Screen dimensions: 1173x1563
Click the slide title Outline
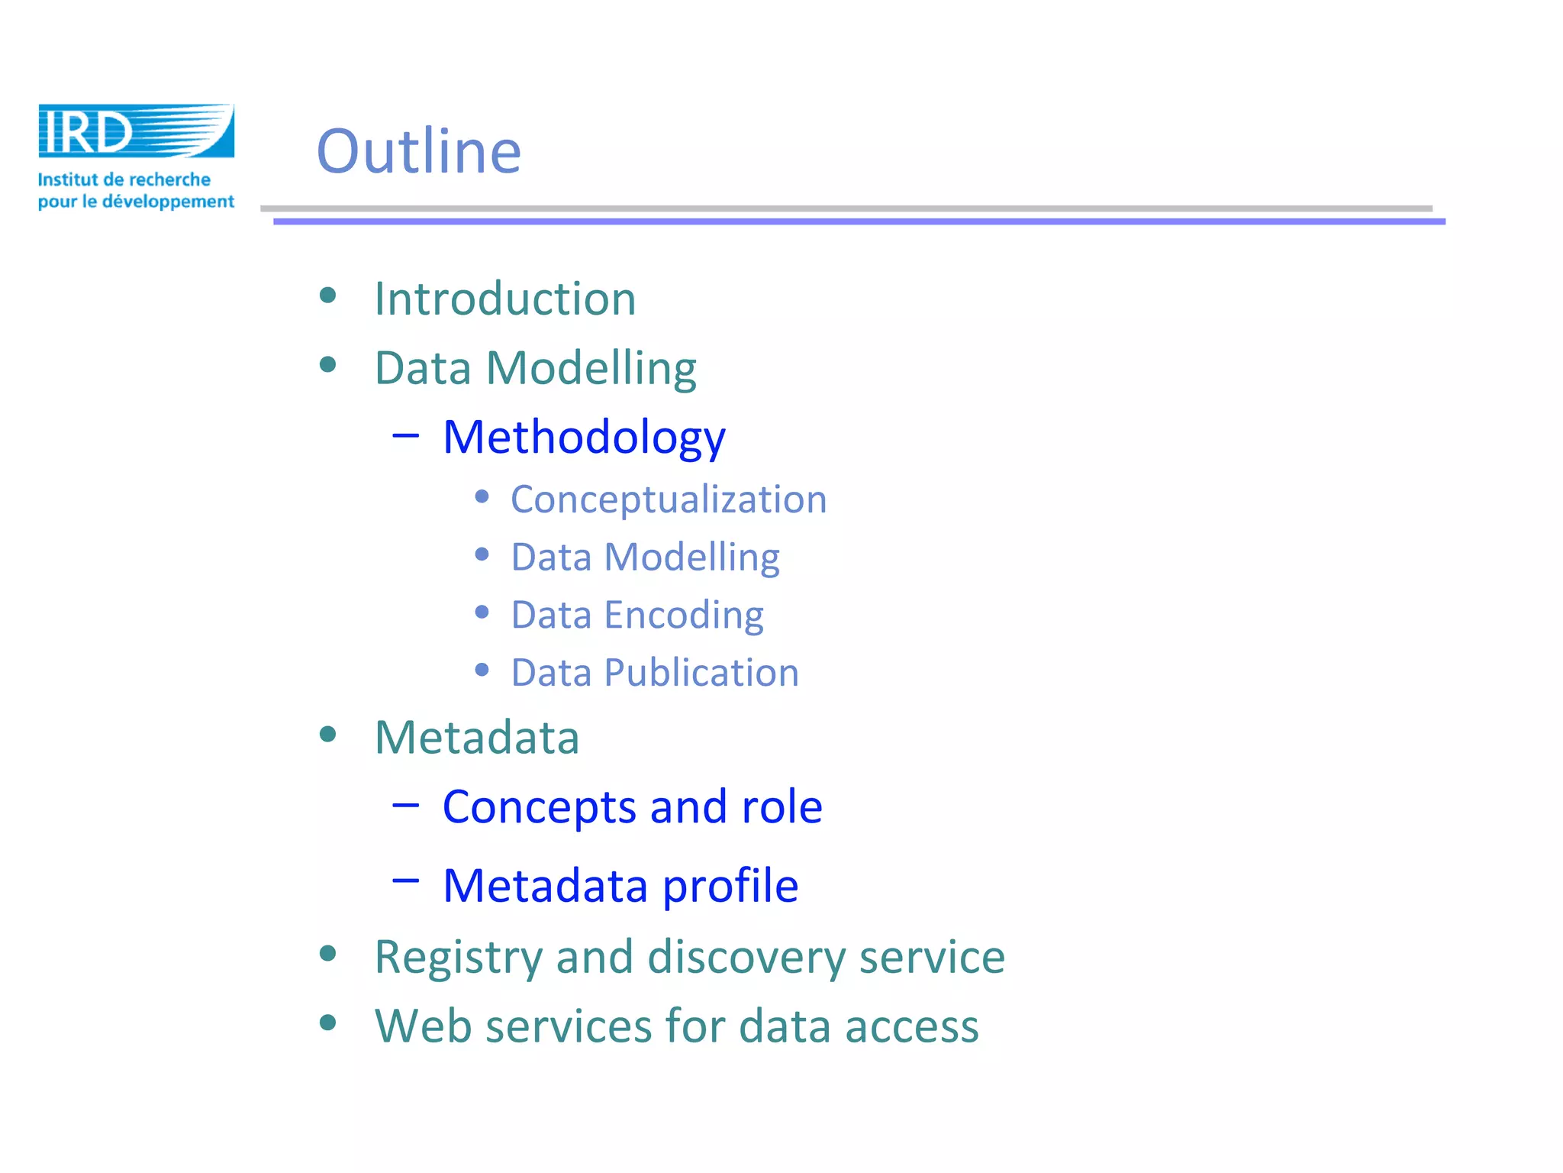419,151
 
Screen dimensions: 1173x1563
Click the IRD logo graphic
136,131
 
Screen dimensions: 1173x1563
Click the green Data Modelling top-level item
535,368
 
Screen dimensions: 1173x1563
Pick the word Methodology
584,438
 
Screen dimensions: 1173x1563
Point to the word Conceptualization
669,499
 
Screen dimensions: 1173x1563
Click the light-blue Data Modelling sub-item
645,557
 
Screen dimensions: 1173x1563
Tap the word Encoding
684,615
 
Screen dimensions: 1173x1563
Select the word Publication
701,673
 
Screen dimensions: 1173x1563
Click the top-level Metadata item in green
477,738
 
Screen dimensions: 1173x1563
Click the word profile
730,886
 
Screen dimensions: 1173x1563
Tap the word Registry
458,957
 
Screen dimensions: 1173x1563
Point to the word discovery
746,957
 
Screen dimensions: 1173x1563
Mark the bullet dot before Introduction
328,296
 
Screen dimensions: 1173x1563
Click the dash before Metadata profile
405,881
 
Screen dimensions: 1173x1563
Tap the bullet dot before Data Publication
482,671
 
